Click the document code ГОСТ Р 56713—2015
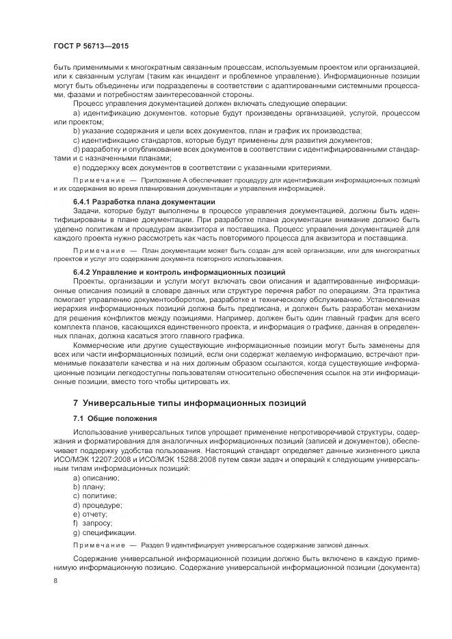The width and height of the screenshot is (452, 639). (x=91, y=45)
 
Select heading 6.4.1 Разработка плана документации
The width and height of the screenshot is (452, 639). (x=144, y=202)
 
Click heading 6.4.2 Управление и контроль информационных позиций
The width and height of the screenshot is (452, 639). (x=179, y=272)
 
